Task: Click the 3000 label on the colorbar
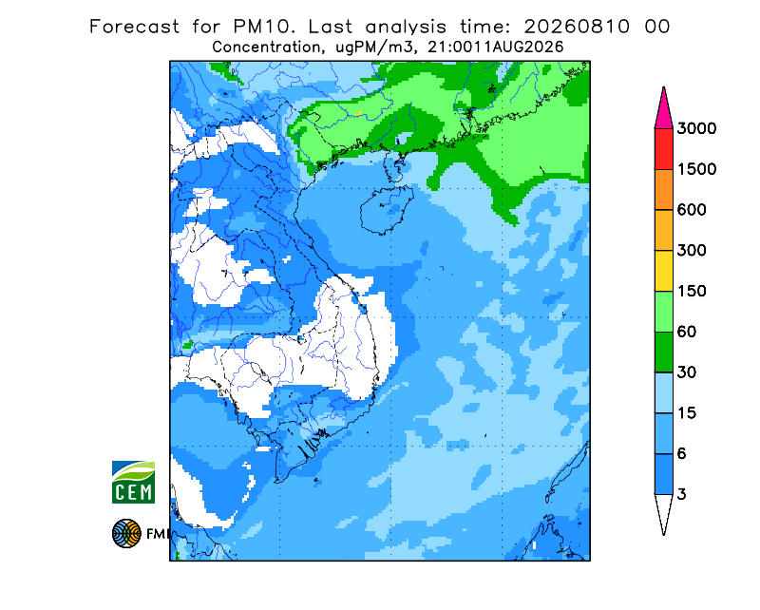696,128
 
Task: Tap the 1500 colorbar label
696,169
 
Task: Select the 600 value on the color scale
692,210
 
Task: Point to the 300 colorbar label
692,251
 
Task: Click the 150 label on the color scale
692,292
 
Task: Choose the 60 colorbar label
687,333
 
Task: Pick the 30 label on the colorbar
687,372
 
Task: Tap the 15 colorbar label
687,413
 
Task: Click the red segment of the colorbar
663,149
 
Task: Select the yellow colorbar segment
663,271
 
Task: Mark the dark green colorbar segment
663,353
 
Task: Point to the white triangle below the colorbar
663,511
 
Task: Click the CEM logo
133,482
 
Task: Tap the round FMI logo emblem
126,533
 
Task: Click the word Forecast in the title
134,27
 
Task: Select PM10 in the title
264,27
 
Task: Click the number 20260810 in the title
577,27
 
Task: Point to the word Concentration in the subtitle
266,48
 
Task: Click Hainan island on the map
387,210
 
